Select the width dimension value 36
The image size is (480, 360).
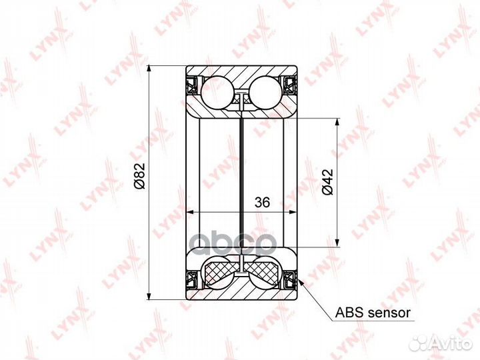(x=262, y=203)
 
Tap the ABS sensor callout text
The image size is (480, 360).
(x=372, y=311)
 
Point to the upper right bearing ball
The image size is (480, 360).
(x=266, y=93)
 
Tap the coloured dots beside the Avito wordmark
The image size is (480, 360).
(x=418, y=343)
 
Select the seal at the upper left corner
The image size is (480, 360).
(x=191, y=84)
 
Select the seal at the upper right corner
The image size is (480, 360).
(x=291, y=84)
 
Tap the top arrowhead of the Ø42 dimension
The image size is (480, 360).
(x=337, y=122)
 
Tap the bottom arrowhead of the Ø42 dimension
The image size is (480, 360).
(x=337, y=242)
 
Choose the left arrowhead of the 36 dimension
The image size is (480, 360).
(x=189, y=212)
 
